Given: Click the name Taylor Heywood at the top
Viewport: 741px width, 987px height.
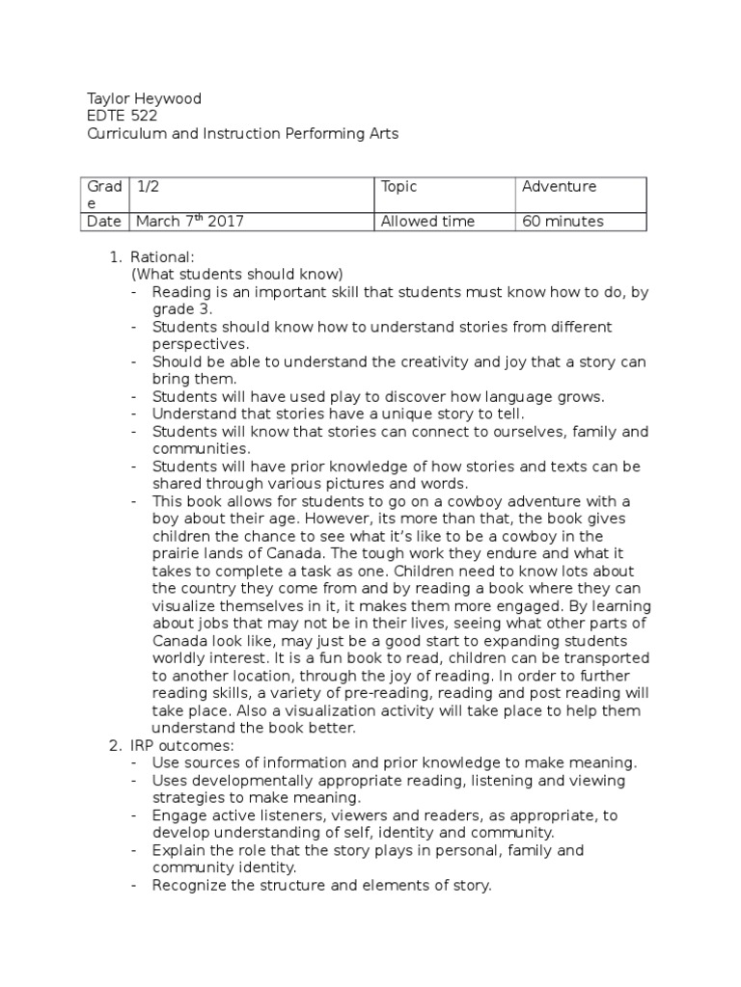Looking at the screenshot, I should tap(144, 99).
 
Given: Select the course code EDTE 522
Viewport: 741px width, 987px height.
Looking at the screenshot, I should tap(123, 117).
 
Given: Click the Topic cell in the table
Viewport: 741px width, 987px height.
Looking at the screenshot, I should tap(398, 187).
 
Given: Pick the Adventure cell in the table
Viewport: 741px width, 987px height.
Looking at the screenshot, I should tap(559, 187).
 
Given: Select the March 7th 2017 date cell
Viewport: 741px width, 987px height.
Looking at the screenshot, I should tap(190, 222).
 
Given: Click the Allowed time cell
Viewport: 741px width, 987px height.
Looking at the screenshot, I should tap(427, 222).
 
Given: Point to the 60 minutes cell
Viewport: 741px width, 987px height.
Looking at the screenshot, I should tap(563, 222).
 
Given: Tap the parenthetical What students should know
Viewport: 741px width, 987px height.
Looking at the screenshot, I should tap(237, 275).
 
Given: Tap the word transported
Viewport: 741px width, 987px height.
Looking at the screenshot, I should tap(597, 659).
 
